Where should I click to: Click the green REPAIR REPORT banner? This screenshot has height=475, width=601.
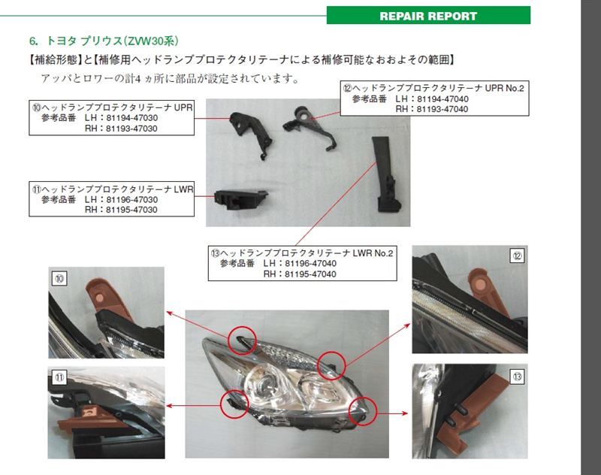428,15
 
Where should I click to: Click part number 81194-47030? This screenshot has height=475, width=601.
132,118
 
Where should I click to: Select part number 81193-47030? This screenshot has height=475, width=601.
131,129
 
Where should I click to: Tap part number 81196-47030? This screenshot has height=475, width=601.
132,199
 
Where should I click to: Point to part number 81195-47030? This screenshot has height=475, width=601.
131,210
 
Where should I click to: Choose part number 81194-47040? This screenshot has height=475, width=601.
442,99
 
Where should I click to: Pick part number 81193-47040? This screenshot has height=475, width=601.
442,109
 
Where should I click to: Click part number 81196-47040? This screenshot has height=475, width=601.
311,263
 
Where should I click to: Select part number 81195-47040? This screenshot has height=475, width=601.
310,274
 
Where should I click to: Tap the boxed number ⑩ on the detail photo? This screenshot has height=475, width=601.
59,278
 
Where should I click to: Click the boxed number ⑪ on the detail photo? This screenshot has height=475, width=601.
59,377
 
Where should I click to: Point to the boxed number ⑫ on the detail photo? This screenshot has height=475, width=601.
518,256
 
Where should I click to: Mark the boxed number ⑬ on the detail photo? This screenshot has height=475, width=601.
518,377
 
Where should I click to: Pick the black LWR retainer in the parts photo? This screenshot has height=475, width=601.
240,200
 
